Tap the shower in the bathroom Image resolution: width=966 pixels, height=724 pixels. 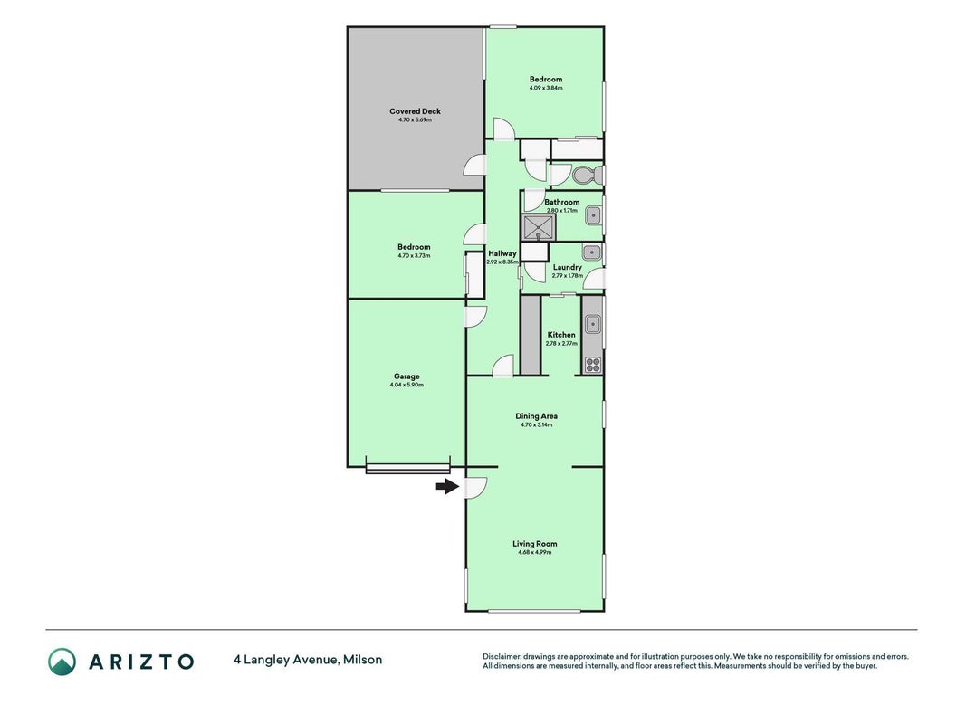(539, 226)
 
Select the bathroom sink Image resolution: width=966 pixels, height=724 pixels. (593, 216)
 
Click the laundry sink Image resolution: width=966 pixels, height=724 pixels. (592, 252)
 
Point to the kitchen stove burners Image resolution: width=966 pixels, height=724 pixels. (593, 365)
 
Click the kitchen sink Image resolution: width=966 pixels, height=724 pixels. (593, 324)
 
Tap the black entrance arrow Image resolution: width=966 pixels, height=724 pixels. (447, 487)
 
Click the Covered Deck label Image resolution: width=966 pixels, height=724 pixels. (416, 111)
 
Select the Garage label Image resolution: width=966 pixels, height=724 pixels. (406, 376)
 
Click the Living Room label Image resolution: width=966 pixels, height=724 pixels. (535, 544)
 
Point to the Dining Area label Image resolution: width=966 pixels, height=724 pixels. (537, 416)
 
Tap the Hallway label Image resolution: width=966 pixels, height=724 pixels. (502, 253)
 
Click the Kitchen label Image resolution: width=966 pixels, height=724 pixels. (561, 335)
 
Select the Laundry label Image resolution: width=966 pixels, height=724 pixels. (568, 267)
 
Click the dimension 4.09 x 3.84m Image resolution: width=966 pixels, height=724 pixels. (546, 88)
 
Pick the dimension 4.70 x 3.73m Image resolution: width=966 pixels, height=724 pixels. (414, 255)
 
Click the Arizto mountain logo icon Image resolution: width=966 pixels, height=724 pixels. (62, 662)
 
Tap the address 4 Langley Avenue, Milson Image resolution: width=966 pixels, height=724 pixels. (308, 660)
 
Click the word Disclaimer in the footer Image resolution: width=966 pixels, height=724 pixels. (502, 657)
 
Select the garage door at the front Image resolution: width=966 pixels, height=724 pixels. (407, 469)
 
